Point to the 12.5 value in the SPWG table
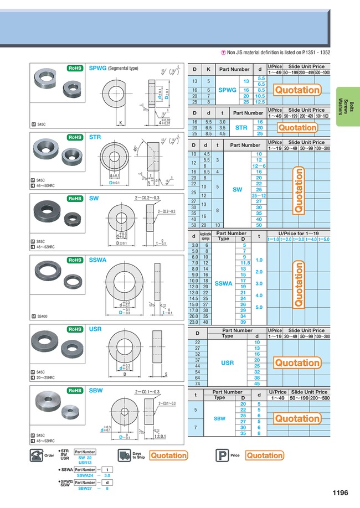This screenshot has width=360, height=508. tap(260, 102)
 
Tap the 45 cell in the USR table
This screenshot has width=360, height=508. tap(257, 383)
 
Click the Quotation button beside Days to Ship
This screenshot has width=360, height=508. tap(168, 455)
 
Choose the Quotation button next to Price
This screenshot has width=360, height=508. tap(264, 455)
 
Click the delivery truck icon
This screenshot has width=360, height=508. tap(124, 455)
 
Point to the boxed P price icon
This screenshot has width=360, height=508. tap(221, 455)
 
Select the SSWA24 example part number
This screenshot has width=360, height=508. tap(85, 475)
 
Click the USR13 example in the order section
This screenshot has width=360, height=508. tap(85, 462)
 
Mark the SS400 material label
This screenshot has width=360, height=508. tap(43, 316)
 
